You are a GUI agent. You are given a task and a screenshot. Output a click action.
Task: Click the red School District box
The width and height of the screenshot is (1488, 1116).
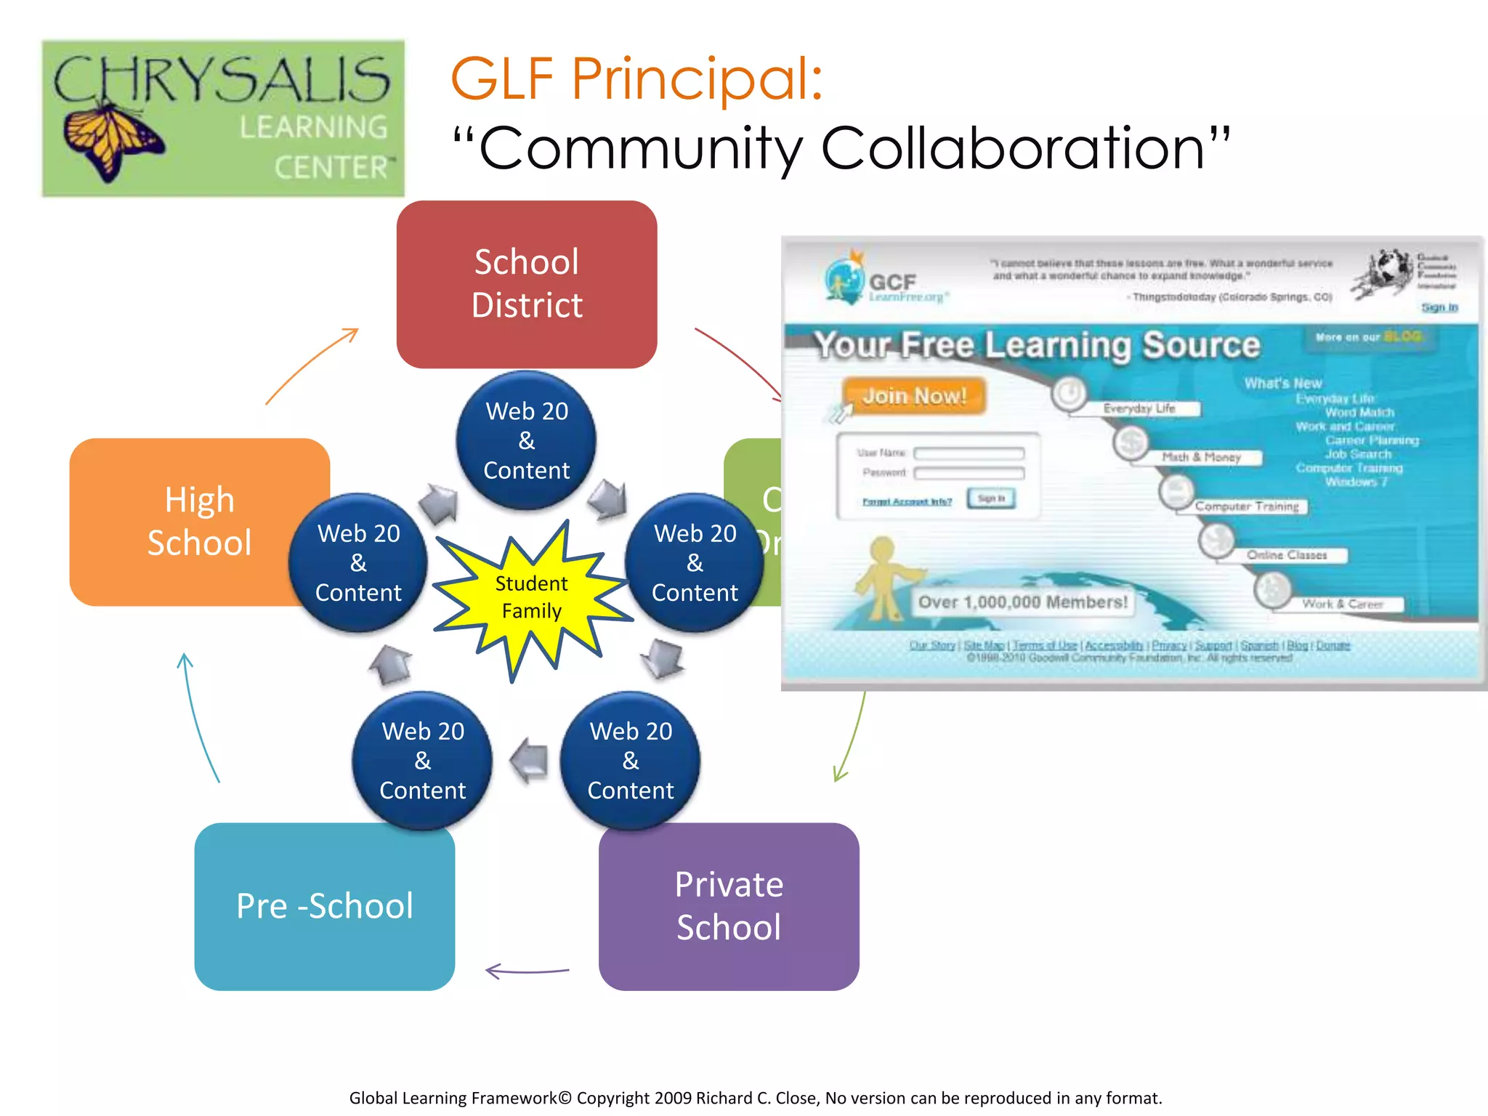[527, 284]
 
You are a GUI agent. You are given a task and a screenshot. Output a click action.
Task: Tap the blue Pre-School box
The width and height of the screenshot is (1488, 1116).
[324, 906]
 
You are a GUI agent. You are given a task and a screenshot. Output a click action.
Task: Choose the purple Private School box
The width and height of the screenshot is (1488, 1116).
[729, 906]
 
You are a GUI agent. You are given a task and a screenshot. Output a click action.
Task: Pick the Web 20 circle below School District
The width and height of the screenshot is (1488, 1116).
[527, 440]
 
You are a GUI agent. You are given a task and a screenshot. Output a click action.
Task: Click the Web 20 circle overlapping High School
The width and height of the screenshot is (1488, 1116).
[358, 562]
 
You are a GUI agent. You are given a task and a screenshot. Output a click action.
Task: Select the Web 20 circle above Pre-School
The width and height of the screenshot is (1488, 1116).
[422, 760]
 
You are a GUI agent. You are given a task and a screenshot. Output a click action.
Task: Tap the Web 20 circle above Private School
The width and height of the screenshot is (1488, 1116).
[631, 760]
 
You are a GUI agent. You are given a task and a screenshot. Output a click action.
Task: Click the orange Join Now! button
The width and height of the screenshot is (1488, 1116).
[914, 396]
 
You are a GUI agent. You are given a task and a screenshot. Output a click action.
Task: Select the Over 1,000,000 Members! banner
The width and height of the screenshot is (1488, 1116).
[1022, 602]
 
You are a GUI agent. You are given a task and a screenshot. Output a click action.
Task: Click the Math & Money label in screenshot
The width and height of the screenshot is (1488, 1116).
[1201, 457]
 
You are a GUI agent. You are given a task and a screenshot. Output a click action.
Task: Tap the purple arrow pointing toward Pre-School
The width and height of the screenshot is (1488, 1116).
[527, 971]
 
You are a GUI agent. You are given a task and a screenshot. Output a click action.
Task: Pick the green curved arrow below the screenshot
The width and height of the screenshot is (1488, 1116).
[851, 737]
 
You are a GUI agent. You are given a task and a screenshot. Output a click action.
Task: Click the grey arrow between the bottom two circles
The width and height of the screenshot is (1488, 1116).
[528, 761]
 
